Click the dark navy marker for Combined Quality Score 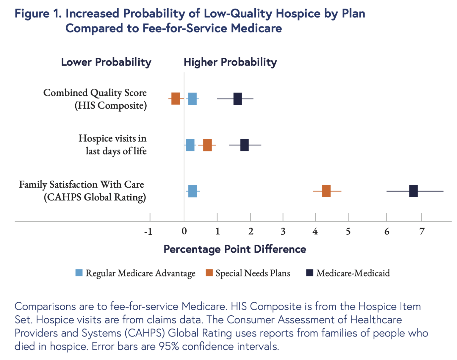point(237,99)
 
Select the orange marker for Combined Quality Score point(176,99)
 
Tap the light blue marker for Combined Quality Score point(192,99)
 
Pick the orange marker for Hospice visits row point(207,145)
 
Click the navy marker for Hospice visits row point(244,145)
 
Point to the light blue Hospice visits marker point(190,145)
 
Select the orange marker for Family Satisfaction point(326,191)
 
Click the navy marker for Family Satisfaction point(413,191)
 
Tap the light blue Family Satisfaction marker point(192,191)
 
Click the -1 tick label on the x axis point(148,231)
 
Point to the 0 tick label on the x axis point(184,231)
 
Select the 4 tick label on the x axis point(315,231)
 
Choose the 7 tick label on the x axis point(422,231)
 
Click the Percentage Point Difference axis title point(235,249)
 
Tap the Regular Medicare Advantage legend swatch point(79,273)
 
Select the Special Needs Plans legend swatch point(209,273)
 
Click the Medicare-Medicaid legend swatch point(310,273)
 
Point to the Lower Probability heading point(106,62)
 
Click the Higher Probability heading point(230,62)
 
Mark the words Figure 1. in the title point(38,14)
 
